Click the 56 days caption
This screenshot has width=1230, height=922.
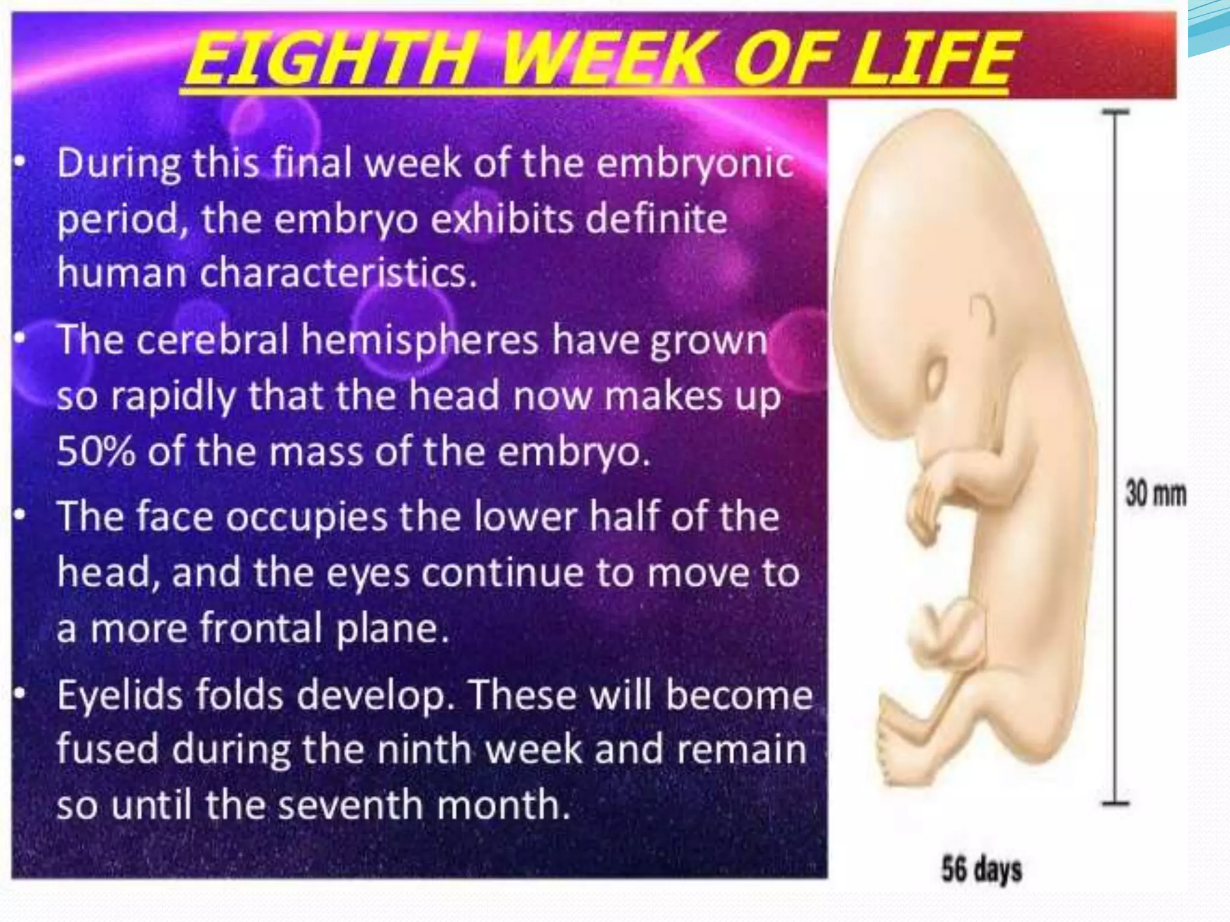(981, 870)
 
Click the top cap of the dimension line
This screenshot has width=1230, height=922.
(1115, 112)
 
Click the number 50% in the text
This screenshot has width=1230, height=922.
(96, 451)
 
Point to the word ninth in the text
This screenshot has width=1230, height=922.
(426, 750)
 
